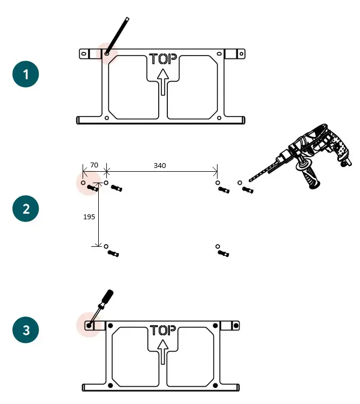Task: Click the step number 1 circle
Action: (25, 75)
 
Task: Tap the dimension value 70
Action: (94, 165)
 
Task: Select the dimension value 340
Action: (160, 165)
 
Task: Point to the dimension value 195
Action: (89, 217)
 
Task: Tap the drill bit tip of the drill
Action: (250, 180)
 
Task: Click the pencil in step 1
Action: (118, 35)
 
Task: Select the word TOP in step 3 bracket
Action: (164, 330)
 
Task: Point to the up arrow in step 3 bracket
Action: (162, 352)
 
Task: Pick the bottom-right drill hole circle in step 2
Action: (218, 246)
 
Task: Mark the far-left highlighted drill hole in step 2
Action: (83, 183)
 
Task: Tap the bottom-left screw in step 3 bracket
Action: (111, 385)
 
